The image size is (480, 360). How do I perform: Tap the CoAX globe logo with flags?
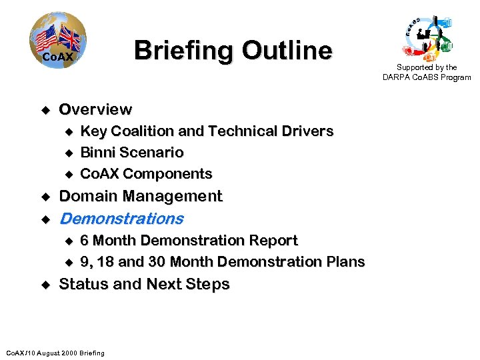[57, 41]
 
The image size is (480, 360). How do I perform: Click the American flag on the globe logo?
[47, 39]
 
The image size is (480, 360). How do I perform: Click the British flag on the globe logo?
[69, 38]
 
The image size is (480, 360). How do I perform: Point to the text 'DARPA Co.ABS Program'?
[427, 77]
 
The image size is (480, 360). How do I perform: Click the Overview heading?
[95, 109]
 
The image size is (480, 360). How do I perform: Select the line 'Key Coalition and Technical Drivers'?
[206, 131]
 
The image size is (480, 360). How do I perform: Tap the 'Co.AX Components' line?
[146, 174]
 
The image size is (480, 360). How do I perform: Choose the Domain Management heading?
[141, 196]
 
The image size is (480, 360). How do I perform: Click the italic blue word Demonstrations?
[121, 218]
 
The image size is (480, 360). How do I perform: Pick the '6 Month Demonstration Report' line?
[189, 240]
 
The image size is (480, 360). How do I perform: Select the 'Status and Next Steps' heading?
[144, 284]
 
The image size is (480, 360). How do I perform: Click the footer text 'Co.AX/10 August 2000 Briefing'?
[55, 353]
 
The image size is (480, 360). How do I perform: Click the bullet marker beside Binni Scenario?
[67, 153]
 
